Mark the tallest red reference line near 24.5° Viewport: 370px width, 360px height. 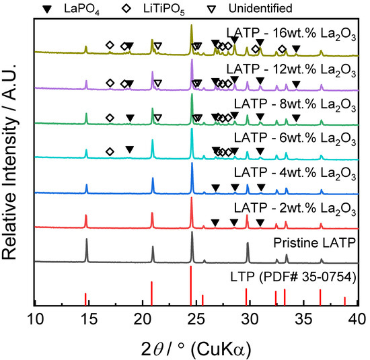point(191,286)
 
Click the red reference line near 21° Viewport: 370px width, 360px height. point(151,294)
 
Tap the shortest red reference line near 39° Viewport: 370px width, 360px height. point(344,301)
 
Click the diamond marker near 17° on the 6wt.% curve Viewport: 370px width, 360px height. point(110,151)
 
